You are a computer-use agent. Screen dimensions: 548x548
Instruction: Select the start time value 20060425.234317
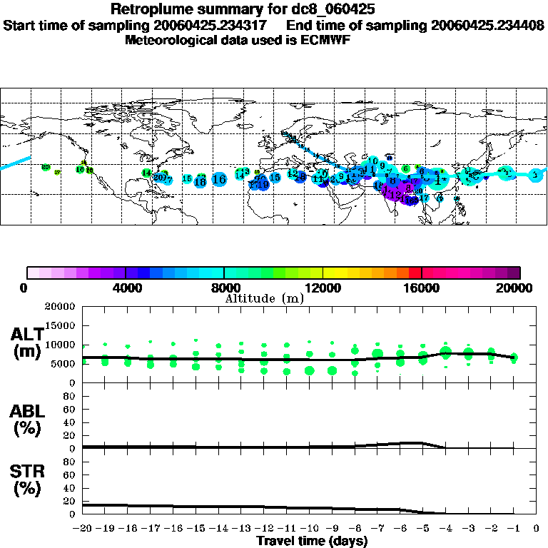218,25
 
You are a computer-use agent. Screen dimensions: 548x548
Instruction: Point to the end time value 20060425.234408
487,25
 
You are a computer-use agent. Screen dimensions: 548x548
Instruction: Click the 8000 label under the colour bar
224,288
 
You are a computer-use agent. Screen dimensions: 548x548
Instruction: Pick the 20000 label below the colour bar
517,288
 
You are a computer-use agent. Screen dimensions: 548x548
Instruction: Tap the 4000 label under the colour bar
126,288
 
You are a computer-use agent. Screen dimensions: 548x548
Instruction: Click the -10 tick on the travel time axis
308,529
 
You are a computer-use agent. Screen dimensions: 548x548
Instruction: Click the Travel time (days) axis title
312,541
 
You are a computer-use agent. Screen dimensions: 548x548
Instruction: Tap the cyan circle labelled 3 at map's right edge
536,174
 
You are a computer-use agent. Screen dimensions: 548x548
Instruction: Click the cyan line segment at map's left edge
14,163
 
